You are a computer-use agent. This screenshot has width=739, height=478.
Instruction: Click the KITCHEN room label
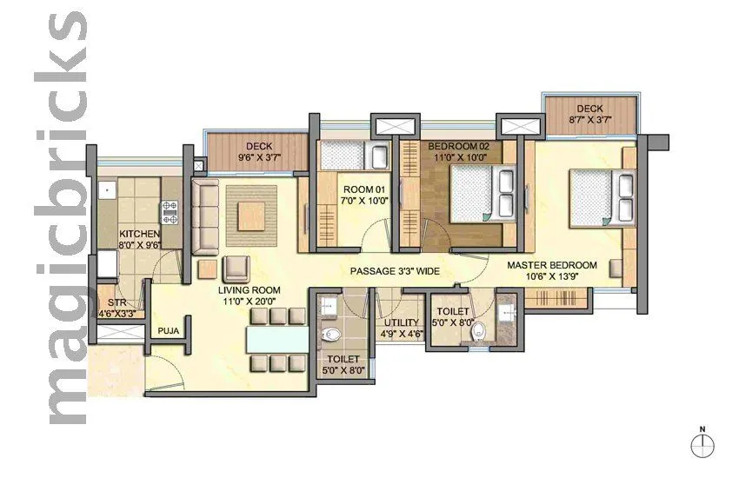[x=139, y=235]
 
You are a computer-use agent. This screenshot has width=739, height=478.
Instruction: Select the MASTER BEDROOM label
[x=552, y=265]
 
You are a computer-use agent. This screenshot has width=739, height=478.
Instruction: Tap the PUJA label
[x=168, y=331]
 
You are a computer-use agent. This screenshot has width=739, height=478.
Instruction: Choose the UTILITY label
[x=403, y=323]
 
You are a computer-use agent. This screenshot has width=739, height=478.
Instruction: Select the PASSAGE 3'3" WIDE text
[x=395, y=271]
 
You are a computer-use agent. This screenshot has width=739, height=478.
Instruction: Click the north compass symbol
[x=702, y=446]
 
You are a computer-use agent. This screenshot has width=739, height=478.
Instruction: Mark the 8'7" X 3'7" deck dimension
[x=589, y=123]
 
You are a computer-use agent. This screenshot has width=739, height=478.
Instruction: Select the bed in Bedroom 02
[x=476, y=195]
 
